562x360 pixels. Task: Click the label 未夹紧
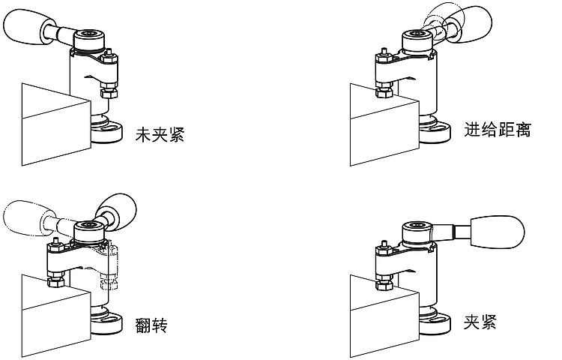(159, 135)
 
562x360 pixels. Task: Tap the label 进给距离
(498, 129)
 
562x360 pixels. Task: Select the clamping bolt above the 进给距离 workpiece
(383, 75)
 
